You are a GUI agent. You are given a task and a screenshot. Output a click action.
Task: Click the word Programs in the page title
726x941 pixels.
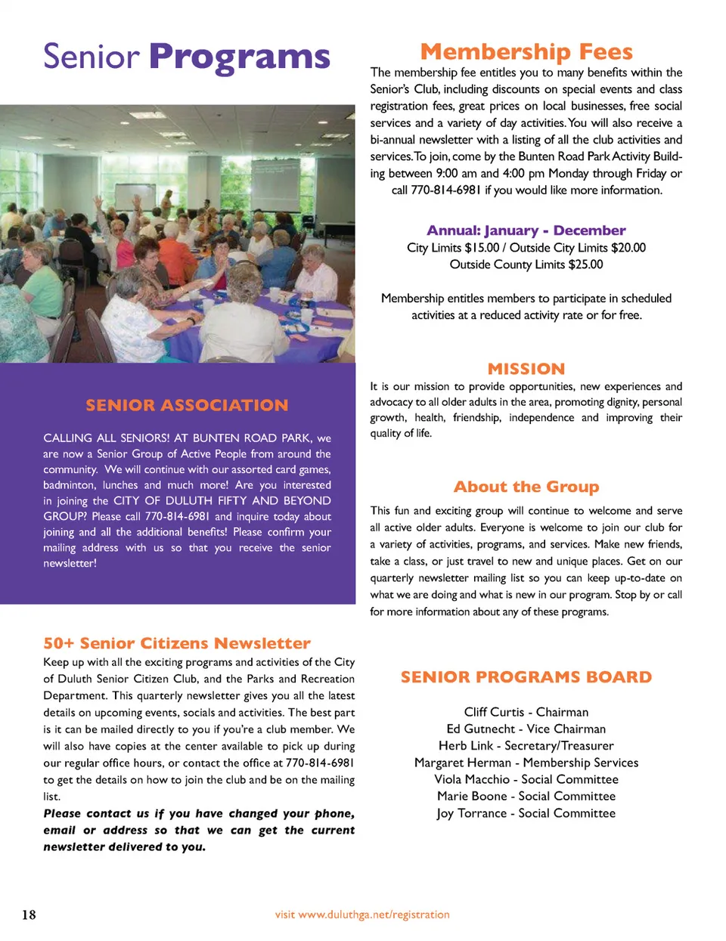click(239, 57)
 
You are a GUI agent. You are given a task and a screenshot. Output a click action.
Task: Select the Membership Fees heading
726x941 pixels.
click(526, 52)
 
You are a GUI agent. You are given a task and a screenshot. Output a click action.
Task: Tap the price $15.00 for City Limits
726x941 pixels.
click(482, 248)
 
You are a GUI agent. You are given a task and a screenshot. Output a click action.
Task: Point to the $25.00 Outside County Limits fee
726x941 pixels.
click(585, 265)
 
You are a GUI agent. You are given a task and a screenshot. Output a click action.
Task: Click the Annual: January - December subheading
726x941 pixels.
click(526, 231)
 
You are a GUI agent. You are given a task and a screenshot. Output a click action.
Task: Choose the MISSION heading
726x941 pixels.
click(526, 369)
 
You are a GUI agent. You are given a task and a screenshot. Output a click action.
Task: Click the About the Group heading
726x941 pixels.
click(526, 487)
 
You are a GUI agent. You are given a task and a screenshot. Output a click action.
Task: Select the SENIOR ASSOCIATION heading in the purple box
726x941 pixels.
click(187, 405)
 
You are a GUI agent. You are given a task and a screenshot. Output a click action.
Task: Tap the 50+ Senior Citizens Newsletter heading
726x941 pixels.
click(177, 643)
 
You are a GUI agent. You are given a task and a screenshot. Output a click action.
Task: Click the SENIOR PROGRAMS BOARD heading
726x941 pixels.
click(526, 677)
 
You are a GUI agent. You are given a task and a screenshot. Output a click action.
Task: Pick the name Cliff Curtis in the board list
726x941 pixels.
click(494, 712)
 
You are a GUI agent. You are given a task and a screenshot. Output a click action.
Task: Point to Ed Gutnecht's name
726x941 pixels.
click(481, 729)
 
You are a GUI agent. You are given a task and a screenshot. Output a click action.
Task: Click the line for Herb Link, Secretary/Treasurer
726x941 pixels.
click(526, 746)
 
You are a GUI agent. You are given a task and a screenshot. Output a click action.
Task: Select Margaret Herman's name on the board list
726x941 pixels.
click(463, 763)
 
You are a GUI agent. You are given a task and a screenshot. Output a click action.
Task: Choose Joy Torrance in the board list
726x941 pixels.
click(471, 813)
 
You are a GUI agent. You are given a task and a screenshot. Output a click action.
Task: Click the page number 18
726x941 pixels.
click(29, 915)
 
